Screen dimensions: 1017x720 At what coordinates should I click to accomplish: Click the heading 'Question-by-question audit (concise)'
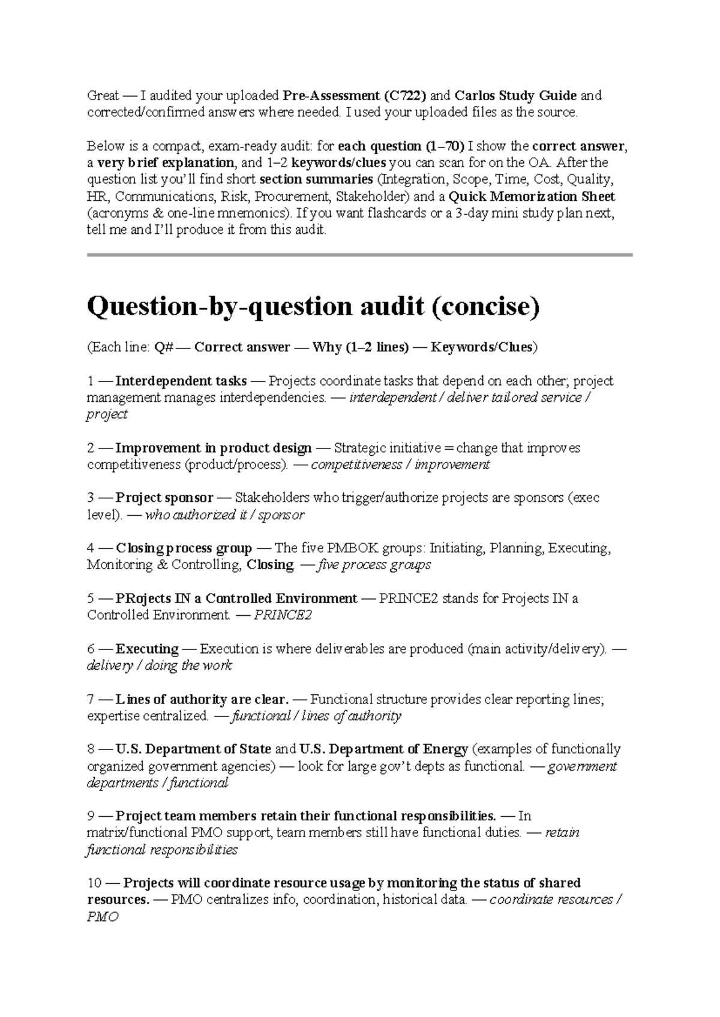[x=313, y=308]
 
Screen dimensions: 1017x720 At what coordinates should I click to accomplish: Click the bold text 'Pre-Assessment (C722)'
[x=355, y=95]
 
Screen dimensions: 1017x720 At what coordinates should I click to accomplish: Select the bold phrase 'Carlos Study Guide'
[x=515, y=95]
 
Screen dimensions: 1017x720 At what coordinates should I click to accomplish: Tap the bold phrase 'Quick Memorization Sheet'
[x=532, y=196]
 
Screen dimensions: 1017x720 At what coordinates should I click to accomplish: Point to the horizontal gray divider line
[x=359, y=255]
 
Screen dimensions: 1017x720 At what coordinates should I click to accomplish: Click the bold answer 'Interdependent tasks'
[x=181, y=381]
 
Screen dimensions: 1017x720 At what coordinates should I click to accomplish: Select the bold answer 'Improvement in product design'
[x=213, y=448]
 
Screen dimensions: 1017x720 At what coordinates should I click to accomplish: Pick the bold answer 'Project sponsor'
[x=164, y=498]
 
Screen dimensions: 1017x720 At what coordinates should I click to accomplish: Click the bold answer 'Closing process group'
[x=184, y=548]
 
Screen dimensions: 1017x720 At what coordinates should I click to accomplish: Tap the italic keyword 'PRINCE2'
[x=283, y=615]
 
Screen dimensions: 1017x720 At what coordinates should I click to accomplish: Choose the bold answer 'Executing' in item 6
[x=146, y=649]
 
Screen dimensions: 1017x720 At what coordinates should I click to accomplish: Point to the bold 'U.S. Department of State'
[x=193, y=749]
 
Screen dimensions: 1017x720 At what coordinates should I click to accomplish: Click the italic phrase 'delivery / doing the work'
[x=159, y=666]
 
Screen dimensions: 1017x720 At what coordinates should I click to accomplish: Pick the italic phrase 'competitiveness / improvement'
[x=400, y=465]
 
